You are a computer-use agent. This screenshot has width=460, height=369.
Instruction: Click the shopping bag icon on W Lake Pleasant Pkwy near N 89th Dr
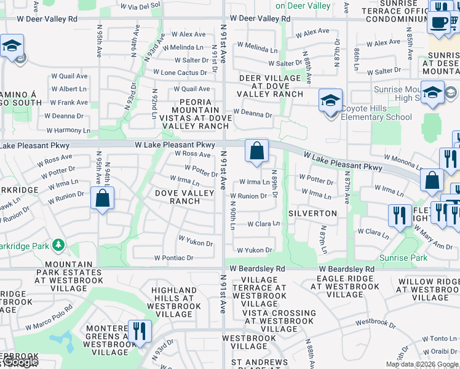(x=257, y=150)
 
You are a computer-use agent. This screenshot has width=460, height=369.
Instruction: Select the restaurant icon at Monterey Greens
(x=140, y=331)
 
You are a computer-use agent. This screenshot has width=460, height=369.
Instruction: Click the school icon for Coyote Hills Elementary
(x=330, y=100)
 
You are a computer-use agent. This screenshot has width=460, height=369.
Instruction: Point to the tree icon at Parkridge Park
(x=58, y=245)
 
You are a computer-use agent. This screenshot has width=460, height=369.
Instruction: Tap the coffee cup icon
(x=438, y=23)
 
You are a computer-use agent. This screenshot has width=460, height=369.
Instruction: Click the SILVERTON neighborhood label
(x=313, y=213)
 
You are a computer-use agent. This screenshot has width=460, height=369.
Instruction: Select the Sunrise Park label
(x=403, y=258)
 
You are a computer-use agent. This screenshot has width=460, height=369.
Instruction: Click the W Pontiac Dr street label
(x=173, y=258)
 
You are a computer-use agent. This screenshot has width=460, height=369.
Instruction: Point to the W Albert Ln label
(x=69, y=89)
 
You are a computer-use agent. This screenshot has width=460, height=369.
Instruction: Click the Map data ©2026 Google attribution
(x=422, y=364)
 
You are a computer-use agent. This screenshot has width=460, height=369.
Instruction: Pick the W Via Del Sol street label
(x=140, y=6)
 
